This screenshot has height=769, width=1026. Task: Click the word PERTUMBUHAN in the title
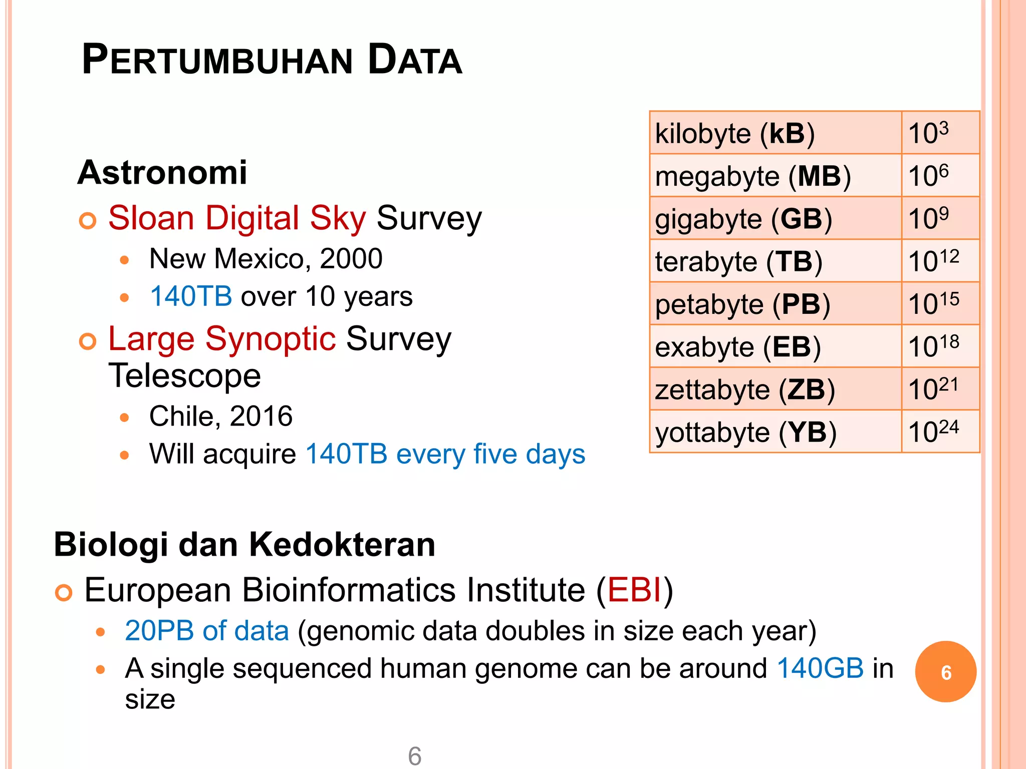(x=218, y=60)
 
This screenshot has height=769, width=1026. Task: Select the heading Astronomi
(x=162, y=173)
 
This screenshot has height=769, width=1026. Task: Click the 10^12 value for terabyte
(x=933, y=261)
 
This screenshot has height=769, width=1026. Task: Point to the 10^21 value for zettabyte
(x=933, y=390)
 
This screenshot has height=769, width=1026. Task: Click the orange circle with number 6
(x=945, y=672)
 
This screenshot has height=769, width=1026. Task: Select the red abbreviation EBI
(x=635, y=590)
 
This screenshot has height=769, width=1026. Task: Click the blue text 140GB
(x=821, y=668)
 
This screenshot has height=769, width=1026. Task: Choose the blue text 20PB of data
(x=207, y=631)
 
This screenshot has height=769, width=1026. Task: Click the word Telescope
(x=185, y=375)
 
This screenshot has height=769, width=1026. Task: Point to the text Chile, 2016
(x=221, y=416)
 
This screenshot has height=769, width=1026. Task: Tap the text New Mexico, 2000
(x=266, y=259)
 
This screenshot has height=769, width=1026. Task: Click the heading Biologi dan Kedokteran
(x=244, y=545)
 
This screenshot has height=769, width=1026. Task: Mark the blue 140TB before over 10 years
(x=191, y=296)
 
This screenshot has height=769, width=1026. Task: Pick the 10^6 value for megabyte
(x=928, y=176)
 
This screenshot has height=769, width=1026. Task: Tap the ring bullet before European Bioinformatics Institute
(x=64, y=593)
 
